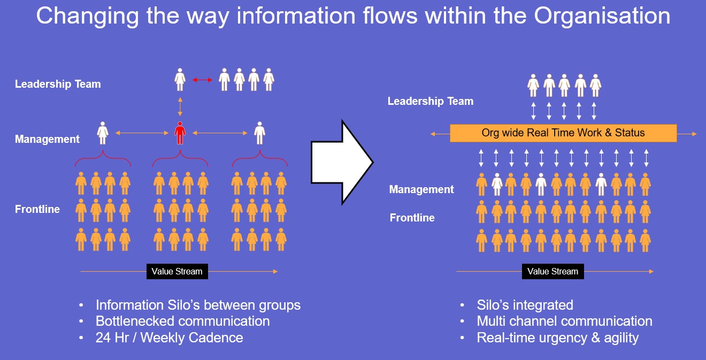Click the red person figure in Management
180,133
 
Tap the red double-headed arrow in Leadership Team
202,80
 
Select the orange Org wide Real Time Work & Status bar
563,133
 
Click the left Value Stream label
177,271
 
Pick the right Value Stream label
552,271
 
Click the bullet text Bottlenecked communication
182,321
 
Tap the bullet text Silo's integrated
525,305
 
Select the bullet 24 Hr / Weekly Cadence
169,338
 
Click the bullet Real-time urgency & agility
558,338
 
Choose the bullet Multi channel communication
564,321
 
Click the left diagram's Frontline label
37,209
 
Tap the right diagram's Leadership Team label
431,101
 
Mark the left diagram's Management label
47,139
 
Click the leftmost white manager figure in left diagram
103,133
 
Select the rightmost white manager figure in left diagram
259,133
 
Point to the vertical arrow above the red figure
180,106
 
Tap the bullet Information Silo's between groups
198,305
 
